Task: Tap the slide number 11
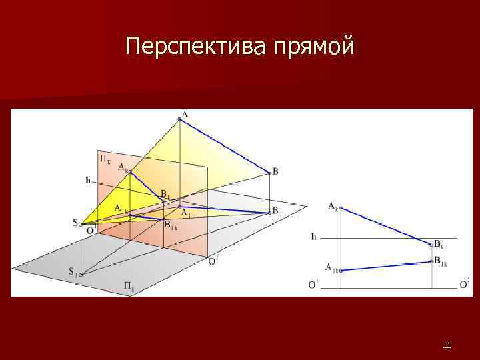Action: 447,345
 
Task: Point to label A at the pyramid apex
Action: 185,113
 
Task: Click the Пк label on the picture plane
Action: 105,159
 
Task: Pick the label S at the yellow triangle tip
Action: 75,223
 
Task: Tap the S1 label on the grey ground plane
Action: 72,271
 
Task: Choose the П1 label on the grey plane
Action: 129,287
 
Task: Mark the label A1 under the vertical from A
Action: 186,213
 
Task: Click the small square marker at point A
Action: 179,119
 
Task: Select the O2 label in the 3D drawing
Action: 213,261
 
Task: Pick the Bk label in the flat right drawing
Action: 439,245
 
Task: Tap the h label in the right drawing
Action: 313,237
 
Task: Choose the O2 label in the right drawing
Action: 465,283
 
